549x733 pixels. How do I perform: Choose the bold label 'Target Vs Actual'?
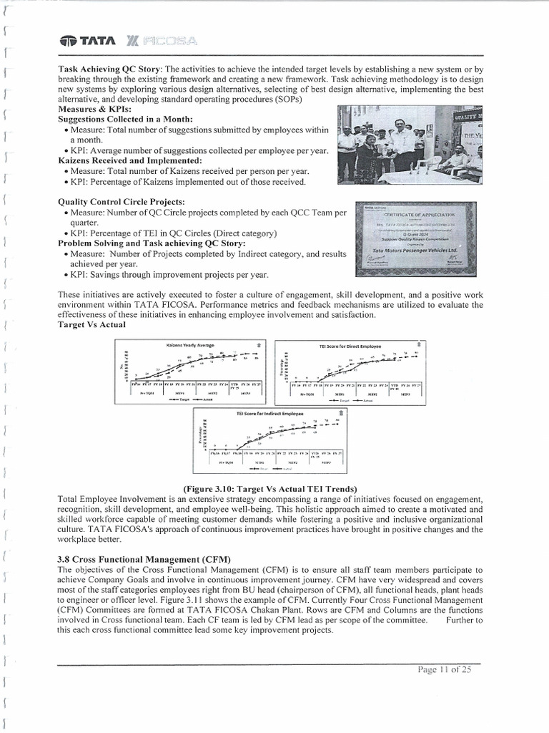(x=91, y=324)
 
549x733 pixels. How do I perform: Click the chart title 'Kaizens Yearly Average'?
(x=189, y=346)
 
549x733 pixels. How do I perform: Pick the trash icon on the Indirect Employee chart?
(x=342, y=413)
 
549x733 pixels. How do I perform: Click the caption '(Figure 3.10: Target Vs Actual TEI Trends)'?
(x=270, y=488)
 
